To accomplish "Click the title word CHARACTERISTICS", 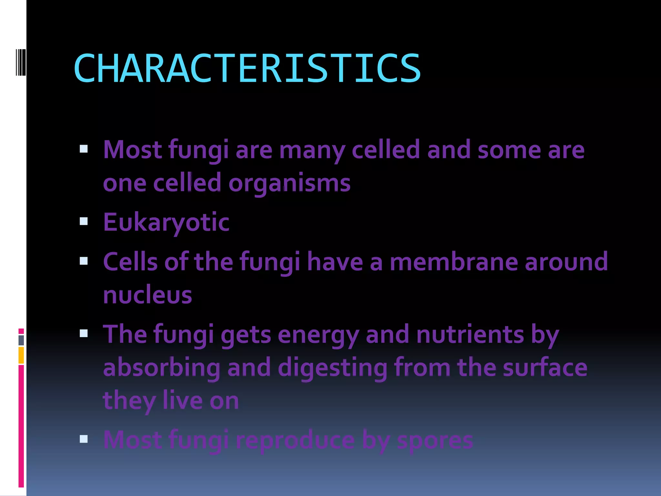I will point(247,68).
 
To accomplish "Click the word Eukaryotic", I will point(166,222).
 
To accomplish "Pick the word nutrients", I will point(470,335).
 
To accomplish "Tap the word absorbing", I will point(161,368).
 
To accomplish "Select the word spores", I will point(435,440).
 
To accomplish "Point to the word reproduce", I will point(295,440).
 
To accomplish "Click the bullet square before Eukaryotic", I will point(84,221).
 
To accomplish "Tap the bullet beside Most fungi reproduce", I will point(84,439).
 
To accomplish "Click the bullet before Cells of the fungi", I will point(84,261).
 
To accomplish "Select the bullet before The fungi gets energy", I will point(84,333).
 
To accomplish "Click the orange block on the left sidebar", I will point(21,355).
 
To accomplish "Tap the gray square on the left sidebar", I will point(21,340).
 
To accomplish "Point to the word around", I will point(566,262).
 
